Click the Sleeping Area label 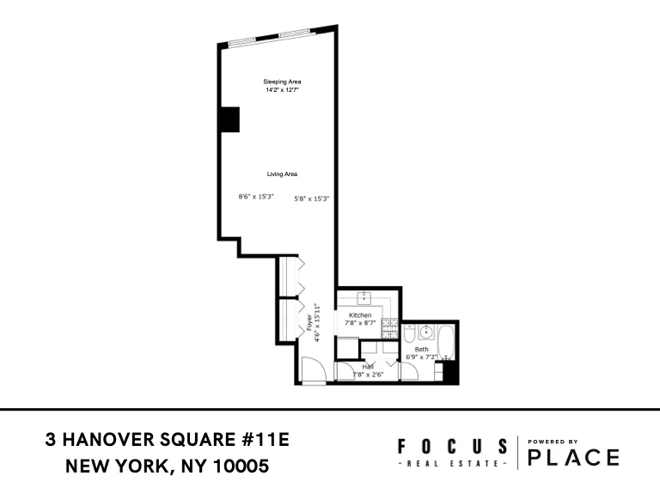click(x=282, y=82)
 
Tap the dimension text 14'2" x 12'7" click(x=282, y=89)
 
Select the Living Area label click(x=282, y=174)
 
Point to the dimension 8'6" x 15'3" click(x=255, y=197)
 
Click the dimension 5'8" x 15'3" click(x=312, y=198)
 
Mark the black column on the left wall click(x=229, y=119)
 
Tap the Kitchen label click(x=360, y=315)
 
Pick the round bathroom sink click(x=424, y=332)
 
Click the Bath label click(x=421, y=350)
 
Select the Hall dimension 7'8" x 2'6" click(x=368, y=375)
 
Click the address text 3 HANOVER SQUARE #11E click(x=168, y=441)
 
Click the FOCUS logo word click(x=452, y=446)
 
